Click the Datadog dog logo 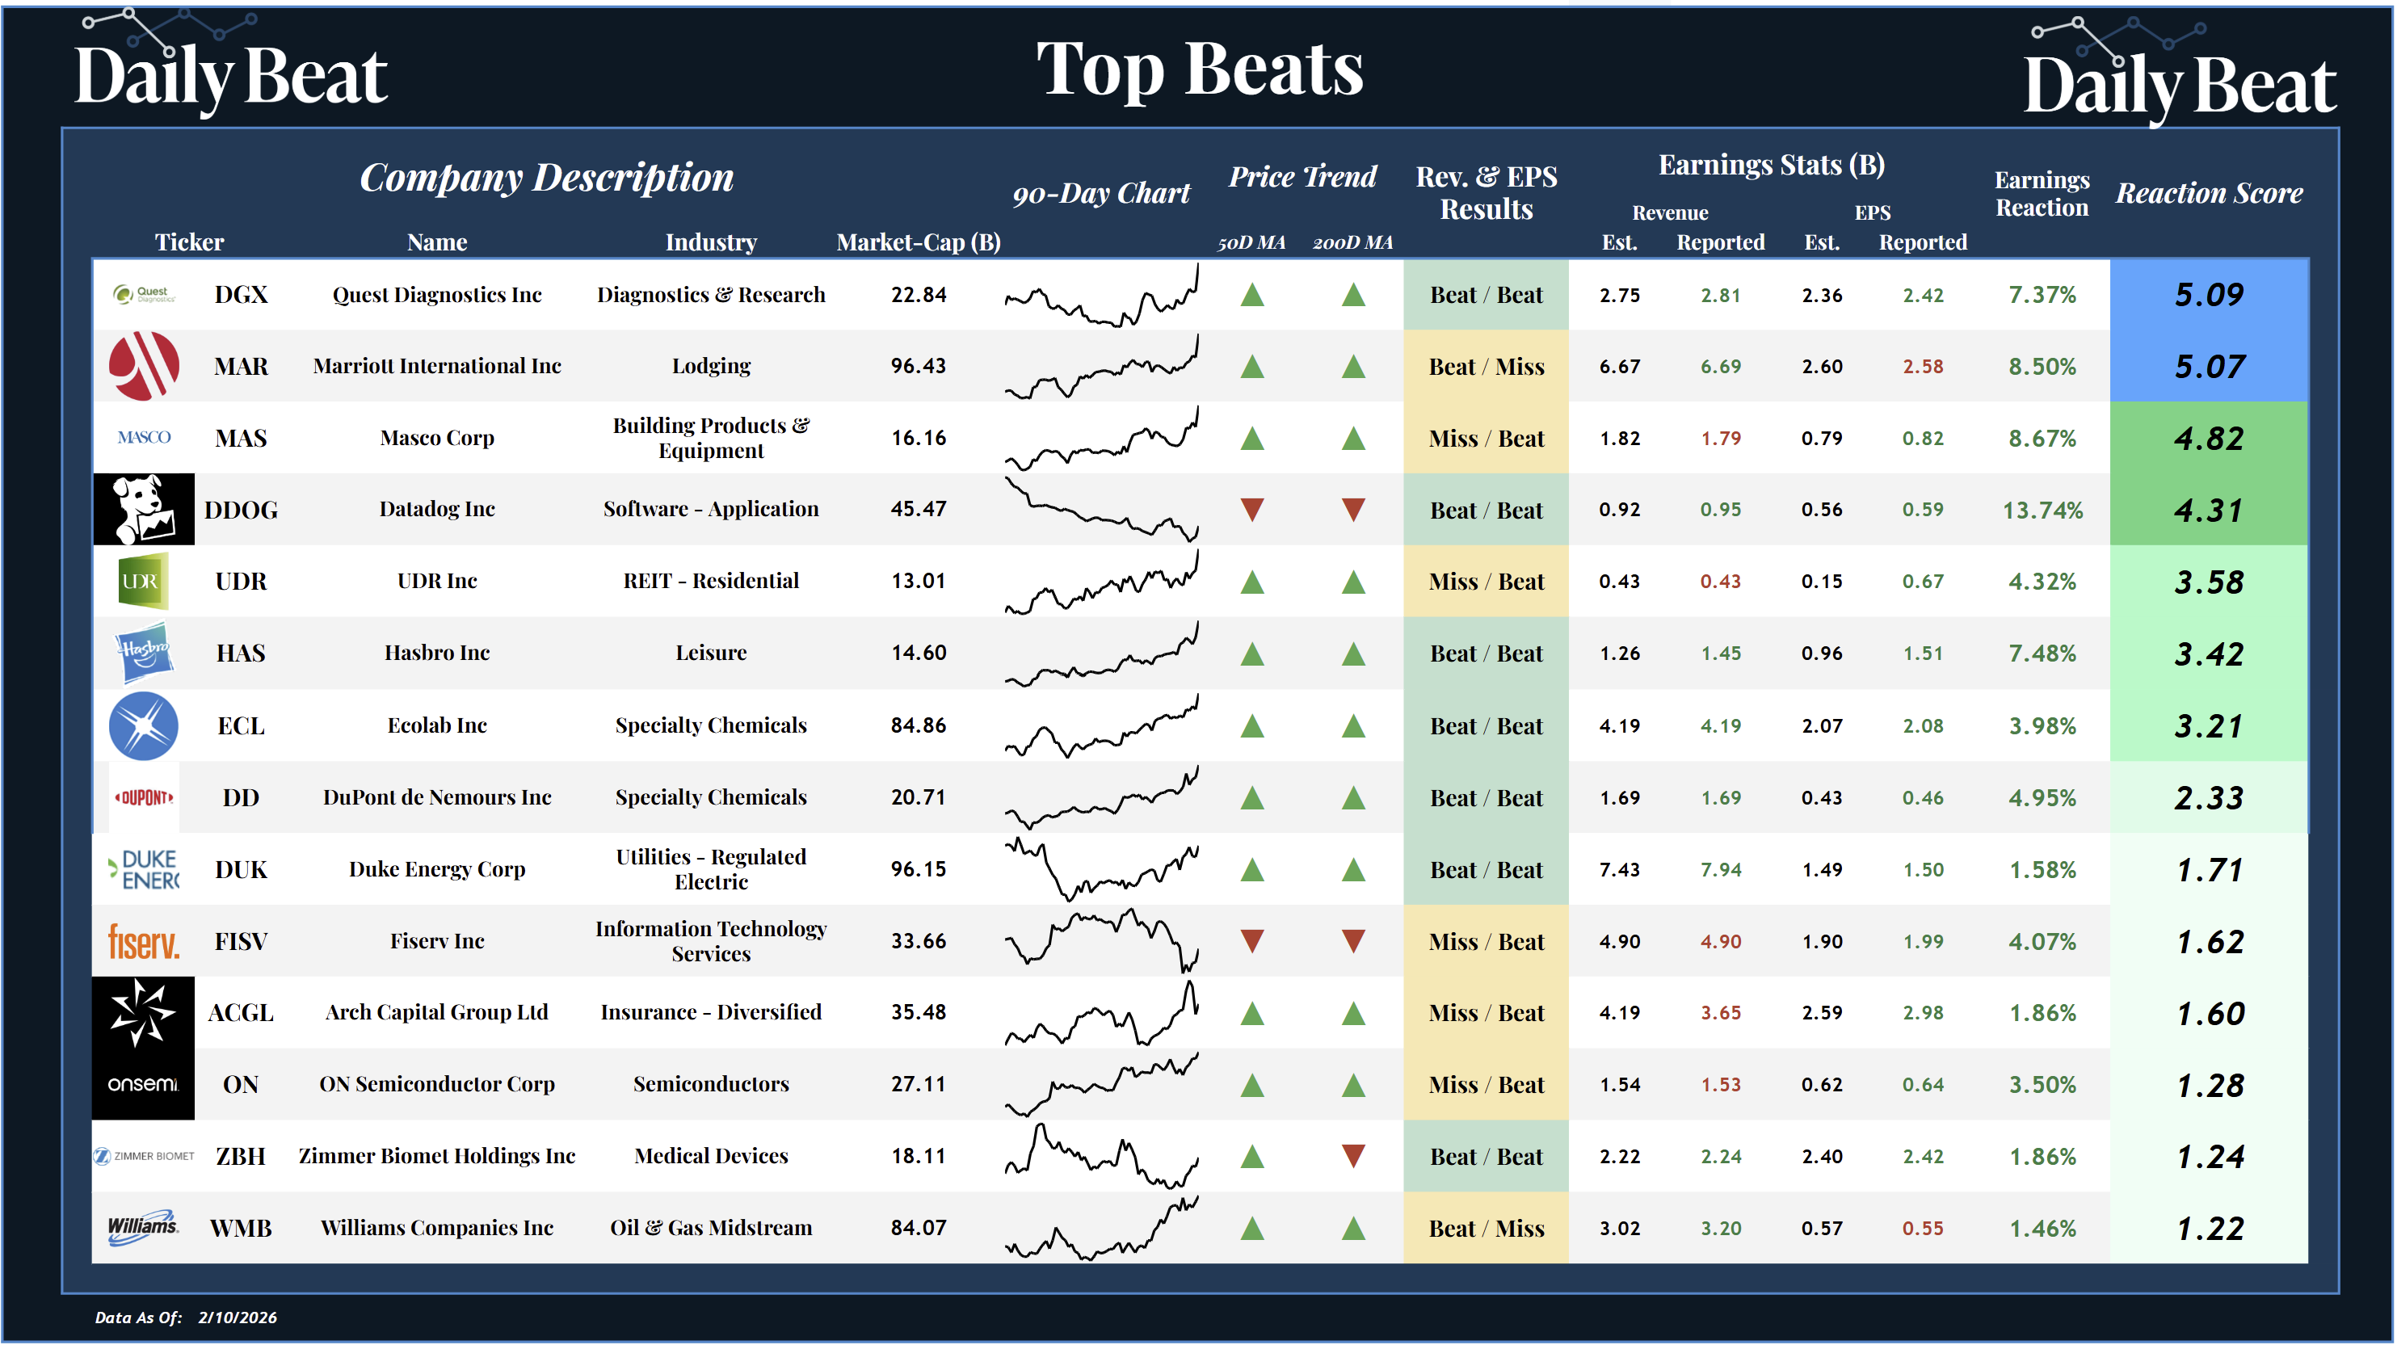click(x=143, y=509)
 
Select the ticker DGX click(x=241, y=295)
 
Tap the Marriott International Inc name click(x=436, y=366)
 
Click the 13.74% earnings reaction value click(x=2042, y=510)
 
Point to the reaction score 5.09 click(x=2208, y=295)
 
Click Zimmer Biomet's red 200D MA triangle click(x=1353, y=1156)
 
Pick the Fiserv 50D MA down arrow click(x=1252, y=941)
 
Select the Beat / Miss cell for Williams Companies click(x=1486, y=1228)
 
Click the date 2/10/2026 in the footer click(x=238, y=1317)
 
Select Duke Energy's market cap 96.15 click(x=918, y=868)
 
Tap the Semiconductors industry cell click(x=711, y=1083)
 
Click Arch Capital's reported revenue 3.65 click(x=1721, y=1012)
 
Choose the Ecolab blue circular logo click(x=143, y=725)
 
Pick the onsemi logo click(x=143, y=1083)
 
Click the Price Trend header click(x=1302, y=177)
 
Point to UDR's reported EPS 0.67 click(x=1923, y=582)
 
